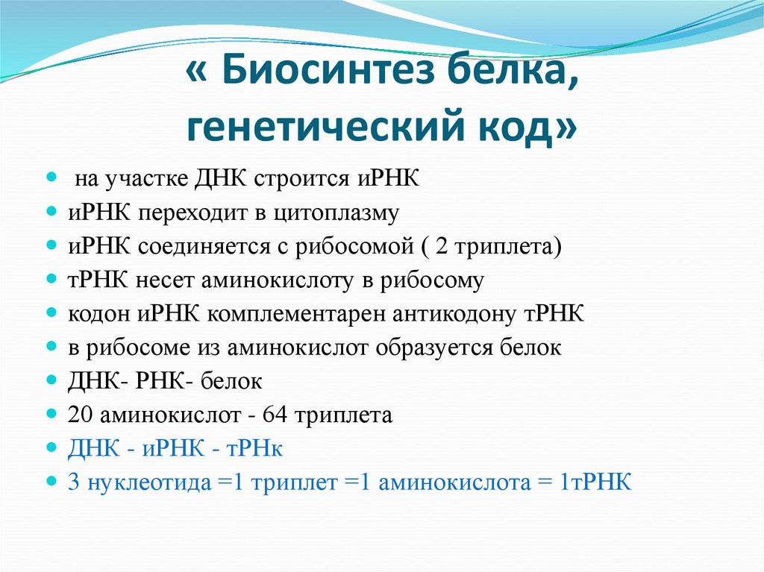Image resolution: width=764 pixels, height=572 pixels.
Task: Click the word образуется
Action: point(439,348)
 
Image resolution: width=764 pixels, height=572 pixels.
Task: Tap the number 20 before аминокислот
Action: point(79,415)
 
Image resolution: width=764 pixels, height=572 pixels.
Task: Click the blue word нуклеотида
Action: point(146,483)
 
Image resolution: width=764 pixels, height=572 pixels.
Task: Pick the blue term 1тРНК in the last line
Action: point(598,483)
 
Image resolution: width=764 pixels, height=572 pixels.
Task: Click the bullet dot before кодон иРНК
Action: point(51,314)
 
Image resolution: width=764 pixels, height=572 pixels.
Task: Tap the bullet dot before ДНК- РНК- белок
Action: point(51,381)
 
